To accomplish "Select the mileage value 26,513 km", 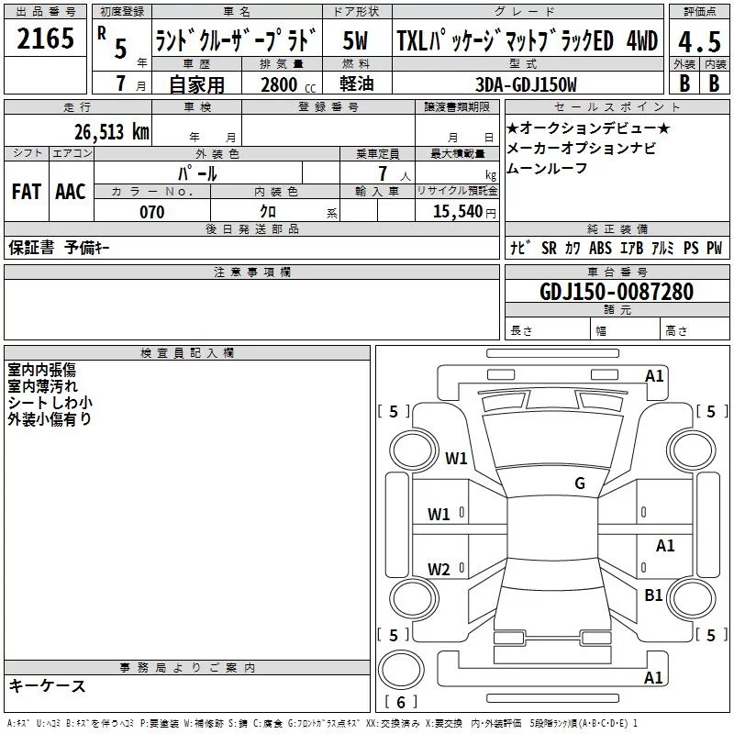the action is pos(112,131).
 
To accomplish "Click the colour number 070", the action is pos(151,212).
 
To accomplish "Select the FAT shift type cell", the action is pos(26,192).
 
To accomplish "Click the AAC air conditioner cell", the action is pos(71,192).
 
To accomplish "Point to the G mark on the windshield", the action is pos(579,484).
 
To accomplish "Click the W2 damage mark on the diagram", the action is pos(439,569).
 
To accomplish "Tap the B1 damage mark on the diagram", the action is pos(653,595).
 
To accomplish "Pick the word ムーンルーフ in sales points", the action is pos(547,168).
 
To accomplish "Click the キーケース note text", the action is pos(47,685).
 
